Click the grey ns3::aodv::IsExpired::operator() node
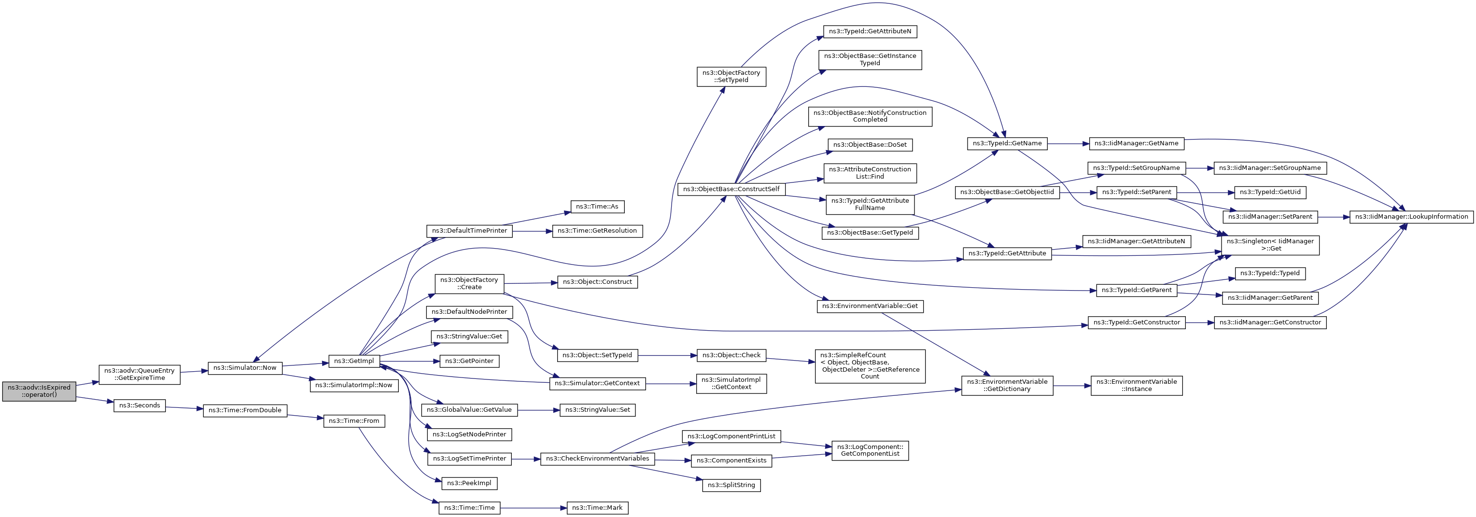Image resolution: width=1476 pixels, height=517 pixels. (39, 391)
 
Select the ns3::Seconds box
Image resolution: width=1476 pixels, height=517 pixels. (139, 405)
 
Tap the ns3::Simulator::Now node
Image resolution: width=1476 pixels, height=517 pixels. (245, 368)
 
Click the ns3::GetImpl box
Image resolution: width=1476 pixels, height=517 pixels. (353, 361)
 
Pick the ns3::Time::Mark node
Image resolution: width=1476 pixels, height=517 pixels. (597, 508)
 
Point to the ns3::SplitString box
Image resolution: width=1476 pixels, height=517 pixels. (731, 485)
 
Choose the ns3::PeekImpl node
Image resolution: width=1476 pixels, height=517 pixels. (469, 483)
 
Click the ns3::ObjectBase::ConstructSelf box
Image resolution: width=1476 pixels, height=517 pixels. (731, 189)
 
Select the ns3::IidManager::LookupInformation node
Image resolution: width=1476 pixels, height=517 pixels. (1411, 217)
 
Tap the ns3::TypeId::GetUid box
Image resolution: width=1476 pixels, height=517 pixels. (1270, 192)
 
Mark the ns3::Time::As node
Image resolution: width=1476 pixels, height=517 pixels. (597, 206)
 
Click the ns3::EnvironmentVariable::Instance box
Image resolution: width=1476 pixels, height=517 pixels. (1136, 385)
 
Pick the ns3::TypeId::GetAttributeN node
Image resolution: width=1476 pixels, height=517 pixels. (870, 31)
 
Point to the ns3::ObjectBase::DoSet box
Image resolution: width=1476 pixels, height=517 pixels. (870, 144)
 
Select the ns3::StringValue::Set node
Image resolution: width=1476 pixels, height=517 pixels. (597, 410)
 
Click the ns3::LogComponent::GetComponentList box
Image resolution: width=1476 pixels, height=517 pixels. (870, 450)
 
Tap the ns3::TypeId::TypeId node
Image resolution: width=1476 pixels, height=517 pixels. (1270, 273)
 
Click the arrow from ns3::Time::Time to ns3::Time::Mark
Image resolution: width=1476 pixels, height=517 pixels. (534, 508)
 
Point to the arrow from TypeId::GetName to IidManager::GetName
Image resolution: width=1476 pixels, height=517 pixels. (1068, 144)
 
